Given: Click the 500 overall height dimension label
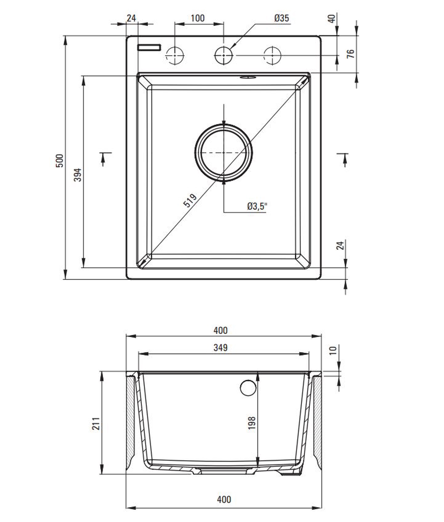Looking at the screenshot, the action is coord(60,161).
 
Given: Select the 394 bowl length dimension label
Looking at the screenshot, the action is coord(78,175).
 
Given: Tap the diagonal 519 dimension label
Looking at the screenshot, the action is coord(190,200).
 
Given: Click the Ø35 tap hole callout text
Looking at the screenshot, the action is coord(282,18).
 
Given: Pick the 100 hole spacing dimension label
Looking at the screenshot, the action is coord(198,18).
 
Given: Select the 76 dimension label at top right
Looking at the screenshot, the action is coord(351,54).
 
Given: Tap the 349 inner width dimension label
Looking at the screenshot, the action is coord(220,348).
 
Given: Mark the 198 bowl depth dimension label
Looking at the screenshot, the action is coord(252,423).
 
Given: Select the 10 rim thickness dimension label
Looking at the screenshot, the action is coord(333,350).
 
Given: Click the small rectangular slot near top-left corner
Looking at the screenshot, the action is coord(149,47).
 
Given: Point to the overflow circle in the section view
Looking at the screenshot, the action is coord(248,387).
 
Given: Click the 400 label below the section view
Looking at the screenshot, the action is coord(224,499).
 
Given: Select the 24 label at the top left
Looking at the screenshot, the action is coord(131,18).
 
